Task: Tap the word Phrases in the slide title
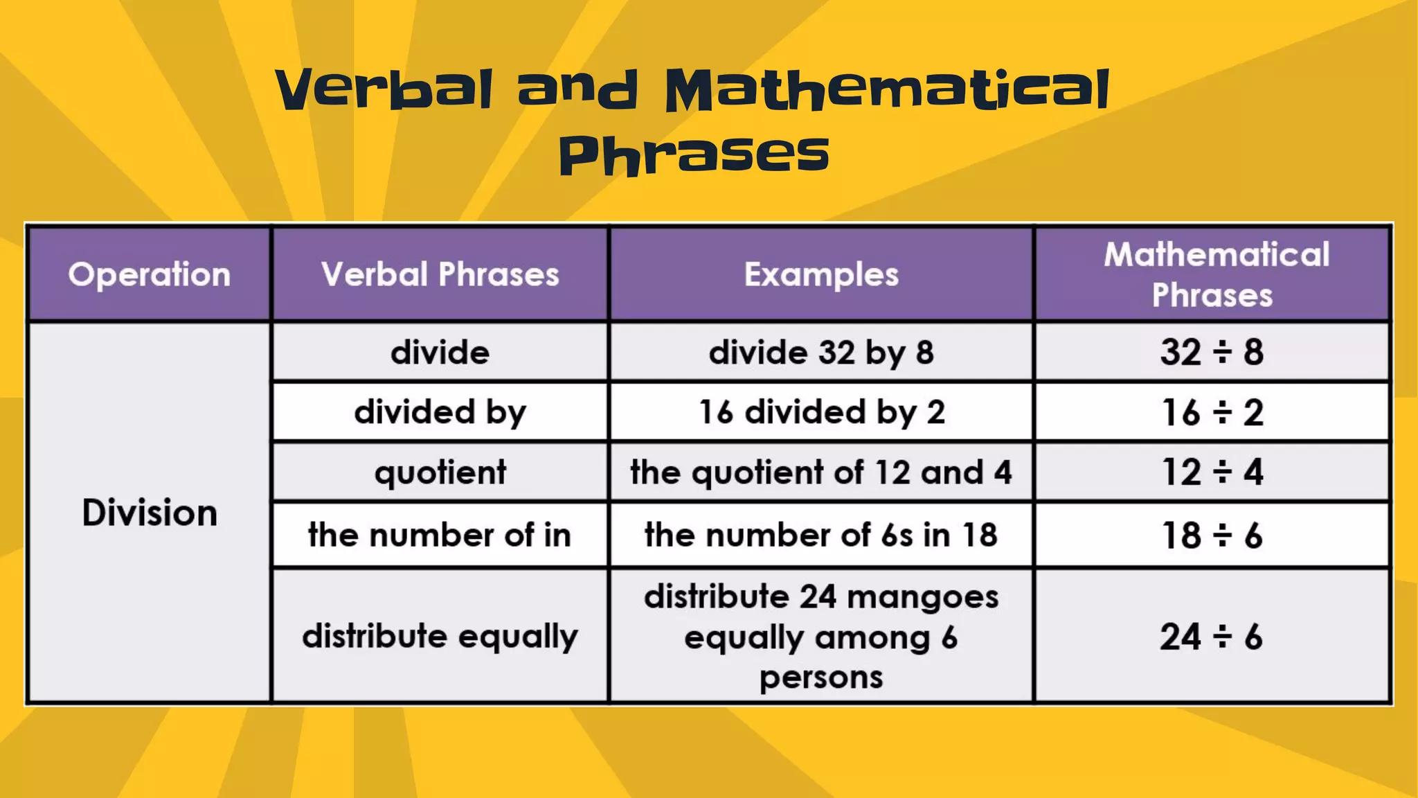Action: pyautogui.click(x=694, y=154)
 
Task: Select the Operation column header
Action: pyautogui.click(x=149, y=274)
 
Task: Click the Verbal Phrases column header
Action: pyautogui.click(x=440, y=274)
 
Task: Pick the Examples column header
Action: pyautogui.click(x=821, y=274)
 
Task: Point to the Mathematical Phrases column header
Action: pyautogui.click(x=1213, y=274)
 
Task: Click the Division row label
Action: pyautogui.click(x=150, y=513)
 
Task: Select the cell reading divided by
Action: pyautogui.click(x=440, y=412)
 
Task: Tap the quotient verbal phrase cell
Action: pyautogui.click(x=440, y=472)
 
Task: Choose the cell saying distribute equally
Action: pyautogui.click(x=440, y=636)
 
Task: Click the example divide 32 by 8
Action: pyautogui.click(x=821, y=353)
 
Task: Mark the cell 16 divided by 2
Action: pyautogui.click(x=821, y=412)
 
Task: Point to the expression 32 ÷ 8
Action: pyautogui.click(x=1212, y=353)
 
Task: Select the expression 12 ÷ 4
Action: pyautogui.click(x=1212, y=472)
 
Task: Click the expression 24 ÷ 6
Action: pyautogui.click(x=1212, y=637)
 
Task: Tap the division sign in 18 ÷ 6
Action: pyautogui.click(x=1223, y=535)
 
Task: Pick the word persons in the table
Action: pyautogui.click(x=821, y=677)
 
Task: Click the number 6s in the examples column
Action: pyautogui.click(x=897, y=535)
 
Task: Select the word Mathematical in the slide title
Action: pyautogui.click(x=887, y=90)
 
